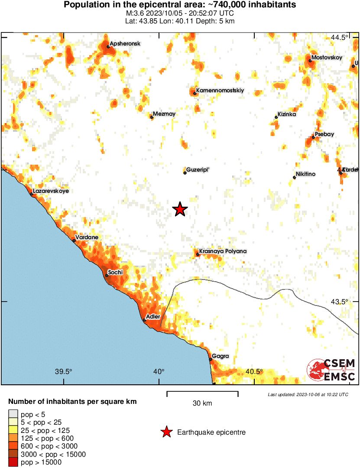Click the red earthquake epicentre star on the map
coord(180,210)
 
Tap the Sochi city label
coord(116,272)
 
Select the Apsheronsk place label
coord(125,43)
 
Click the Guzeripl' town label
coord(198,169)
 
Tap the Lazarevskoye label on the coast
coord(51,191)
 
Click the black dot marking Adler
coord(144,321)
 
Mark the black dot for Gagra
coord(211,359)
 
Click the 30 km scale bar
coord(202,393)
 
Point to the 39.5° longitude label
coord(64,371)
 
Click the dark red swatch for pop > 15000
coord(13,462)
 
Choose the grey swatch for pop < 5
coord(13,415)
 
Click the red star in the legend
coord(166,432)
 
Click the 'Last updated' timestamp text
coord(308,394)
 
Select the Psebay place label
coord(324,134)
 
